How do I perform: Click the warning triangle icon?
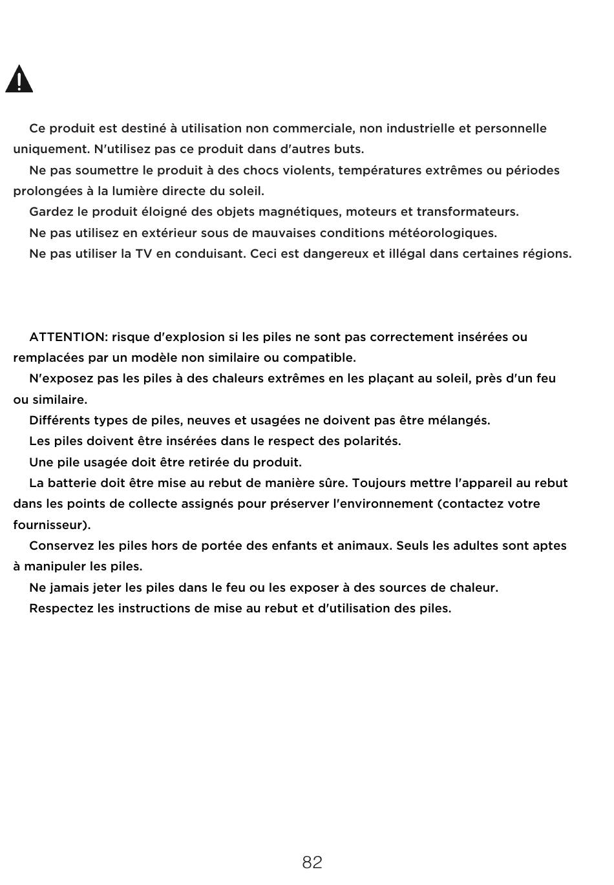pyautogui.click(x=19, y=79)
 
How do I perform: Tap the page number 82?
pyautogui.click(x=312, y=862)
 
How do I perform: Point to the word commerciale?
pyautogui.click(x=313, y=129)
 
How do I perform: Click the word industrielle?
pyautogui.click(x=417, y=129)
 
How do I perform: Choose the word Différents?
pyautogui.click(x=59, y=421)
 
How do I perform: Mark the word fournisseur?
pyautogui.click(x=50, y=525)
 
